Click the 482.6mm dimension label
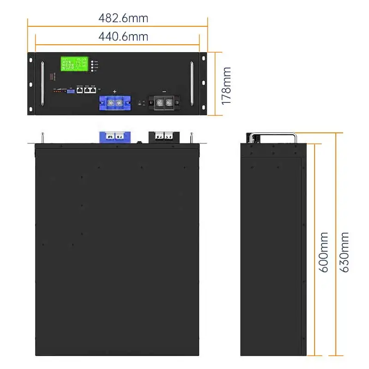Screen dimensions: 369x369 [123, 18]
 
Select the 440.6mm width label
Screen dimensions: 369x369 [123, 36]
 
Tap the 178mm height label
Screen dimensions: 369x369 [226, 86]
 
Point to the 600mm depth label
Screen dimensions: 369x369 [324, 252]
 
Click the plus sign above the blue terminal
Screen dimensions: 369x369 [115, 92]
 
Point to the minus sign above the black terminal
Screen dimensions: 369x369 [164, 92]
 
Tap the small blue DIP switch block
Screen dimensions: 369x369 [71, 91]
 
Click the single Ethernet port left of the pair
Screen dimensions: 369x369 [80, 90]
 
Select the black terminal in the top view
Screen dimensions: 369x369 [162, 136]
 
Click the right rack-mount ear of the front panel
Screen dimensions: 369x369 [203, 83]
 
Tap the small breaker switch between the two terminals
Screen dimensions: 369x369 [140, 102]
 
